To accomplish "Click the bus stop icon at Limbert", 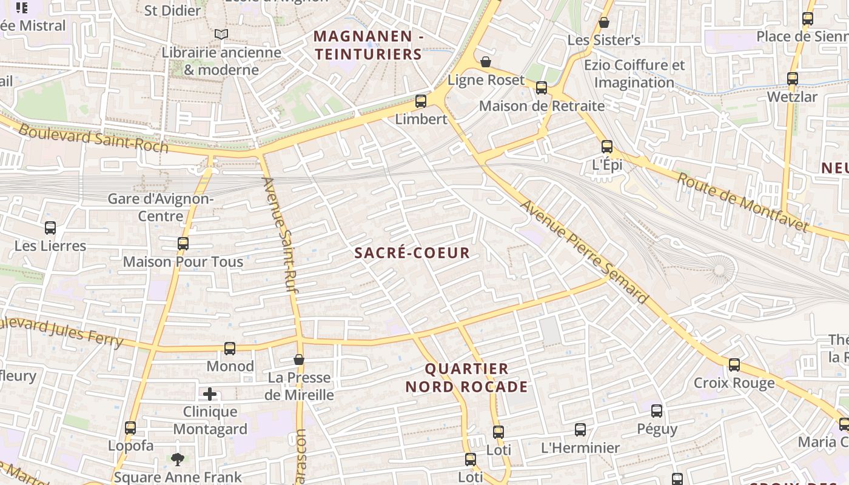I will point(420,101).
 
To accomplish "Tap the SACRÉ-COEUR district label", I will point(412,253).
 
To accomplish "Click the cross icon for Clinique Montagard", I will point(210,395).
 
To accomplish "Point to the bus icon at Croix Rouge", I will point(734,365).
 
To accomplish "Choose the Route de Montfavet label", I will point(743,202).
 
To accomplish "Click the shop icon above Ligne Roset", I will point(485,62).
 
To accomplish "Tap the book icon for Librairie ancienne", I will point(221,35).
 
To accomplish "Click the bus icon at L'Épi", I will point(607,147).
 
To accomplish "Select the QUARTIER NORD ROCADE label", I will point(466,378).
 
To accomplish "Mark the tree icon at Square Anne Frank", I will point(178,459).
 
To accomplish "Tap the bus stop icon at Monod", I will point(230,349).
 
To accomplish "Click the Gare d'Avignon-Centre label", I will point(161,207).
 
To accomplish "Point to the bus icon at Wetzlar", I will point(792,79).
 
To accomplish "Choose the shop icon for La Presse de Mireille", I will point(299,360).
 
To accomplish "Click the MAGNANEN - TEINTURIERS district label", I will point(368,45).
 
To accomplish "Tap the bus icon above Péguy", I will point(657,411).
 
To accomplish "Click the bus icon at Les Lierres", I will point(50,229).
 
